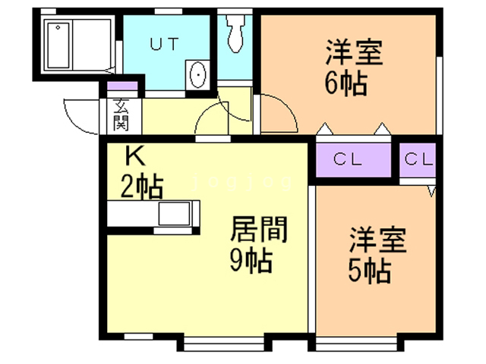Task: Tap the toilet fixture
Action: coord(234,31)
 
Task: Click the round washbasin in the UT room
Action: coord(197,75)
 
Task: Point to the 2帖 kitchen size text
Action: coord(143,184)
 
